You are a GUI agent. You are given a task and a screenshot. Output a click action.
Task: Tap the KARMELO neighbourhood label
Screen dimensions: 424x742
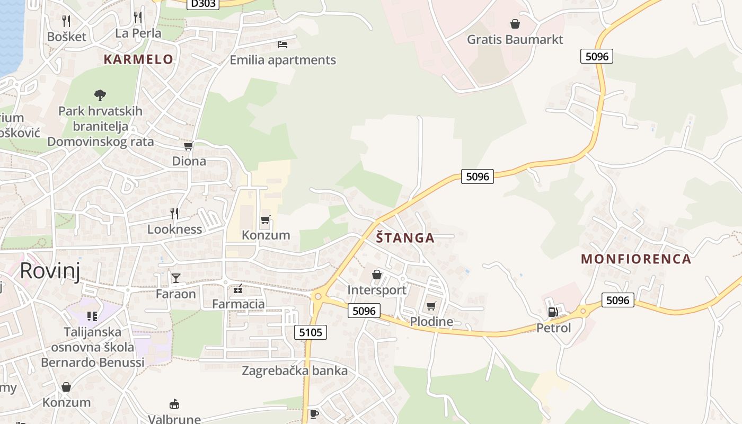(x=138, y=59)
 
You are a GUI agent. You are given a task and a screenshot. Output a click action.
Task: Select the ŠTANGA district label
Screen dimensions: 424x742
(x=405, y=238)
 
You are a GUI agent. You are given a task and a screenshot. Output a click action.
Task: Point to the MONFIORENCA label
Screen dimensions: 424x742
(x=636, y=259)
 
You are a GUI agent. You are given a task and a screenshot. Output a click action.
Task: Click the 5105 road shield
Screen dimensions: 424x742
(x=310, y=332)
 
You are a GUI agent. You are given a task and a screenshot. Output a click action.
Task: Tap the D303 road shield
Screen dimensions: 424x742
(x=203, y=4)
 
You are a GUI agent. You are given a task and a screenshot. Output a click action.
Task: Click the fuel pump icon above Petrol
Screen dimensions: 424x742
(x=553, y=312)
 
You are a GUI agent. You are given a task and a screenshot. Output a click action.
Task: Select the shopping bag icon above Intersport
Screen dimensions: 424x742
(x=377, y=275)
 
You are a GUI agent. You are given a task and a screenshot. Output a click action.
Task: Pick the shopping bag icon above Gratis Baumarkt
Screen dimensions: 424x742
(x=515, y=24)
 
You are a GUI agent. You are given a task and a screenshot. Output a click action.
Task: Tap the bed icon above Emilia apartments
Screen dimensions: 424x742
(x=282, y=44)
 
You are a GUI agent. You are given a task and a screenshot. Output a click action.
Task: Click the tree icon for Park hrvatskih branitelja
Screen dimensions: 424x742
(x=100, y=95)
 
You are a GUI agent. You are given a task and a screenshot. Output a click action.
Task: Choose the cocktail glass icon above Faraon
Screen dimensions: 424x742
(x=176, y=278)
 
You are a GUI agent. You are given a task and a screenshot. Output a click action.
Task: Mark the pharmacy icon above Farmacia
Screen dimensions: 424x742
(x=238, y=289)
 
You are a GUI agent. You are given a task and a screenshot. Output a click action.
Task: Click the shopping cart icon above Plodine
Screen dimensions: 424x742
(x=431, y=306)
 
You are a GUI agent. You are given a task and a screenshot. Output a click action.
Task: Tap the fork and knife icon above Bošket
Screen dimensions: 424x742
(x=66, y=21)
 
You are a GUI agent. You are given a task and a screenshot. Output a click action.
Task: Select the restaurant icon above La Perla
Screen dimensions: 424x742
(x=138, y=17)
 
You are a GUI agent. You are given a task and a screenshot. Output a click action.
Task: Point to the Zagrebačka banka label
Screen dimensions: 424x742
(x=295, y=370)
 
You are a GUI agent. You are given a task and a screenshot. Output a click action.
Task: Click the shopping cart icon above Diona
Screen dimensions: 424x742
(x=188, y=146)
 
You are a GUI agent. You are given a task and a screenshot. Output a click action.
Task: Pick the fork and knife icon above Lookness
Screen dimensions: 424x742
(x=174, y=213)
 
